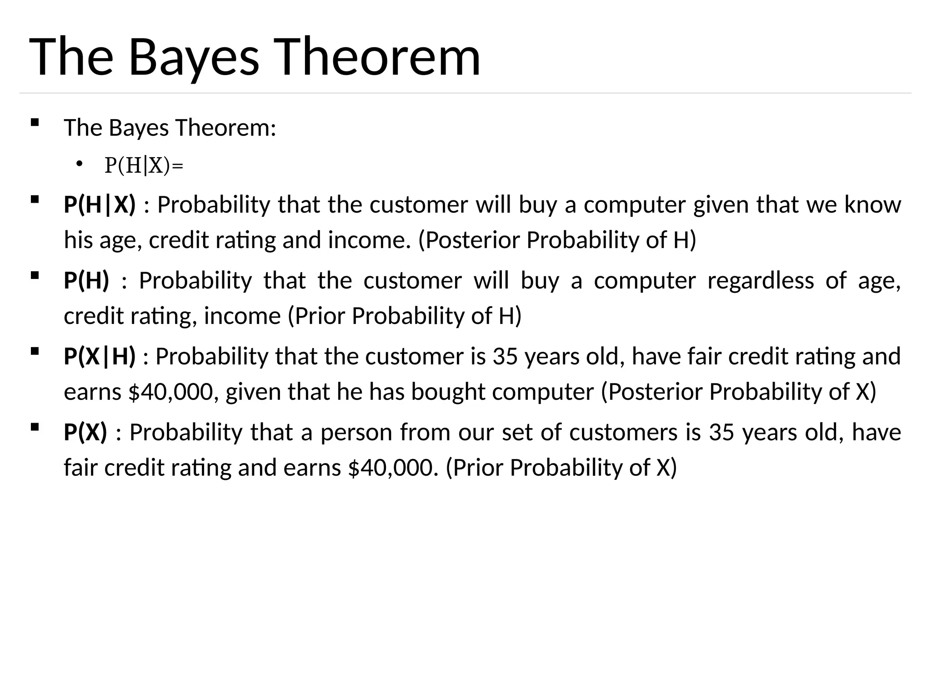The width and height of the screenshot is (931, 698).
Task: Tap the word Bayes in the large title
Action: tap(194, 57)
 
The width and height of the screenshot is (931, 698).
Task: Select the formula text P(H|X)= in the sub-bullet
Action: tap(144, 165)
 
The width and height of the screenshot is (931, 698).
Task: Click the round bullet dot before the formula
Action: tap(79, 164)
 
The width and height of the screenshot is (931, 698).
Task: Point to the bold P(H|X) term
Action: tap(100, 204)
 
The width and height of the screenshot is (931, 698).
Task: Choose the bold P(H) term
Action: tap(86, 280)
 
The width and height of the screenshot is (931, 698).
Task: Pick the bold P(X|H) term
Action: tap(100, 356)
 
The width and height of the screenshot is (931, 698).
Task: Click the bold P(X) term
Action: tap(85, 432)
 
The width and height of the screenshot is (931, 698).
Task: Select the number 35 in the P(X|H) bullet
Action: tap(505, 356)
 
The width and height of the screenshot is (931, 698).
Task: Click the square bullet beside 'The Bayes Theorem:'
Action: tap(35, 122)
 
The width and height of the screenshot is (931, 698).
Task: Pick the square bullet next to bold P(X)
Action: tap(35, 427)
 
